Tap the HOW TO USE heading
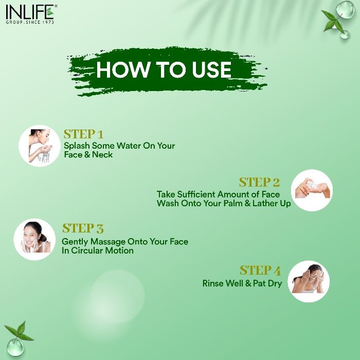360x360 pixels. pos(164,70)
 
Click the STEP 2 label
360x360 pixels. pos(259,182)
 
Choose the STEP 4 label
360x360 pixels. pos(260,271)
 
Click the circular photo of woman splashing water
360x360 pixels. pos(40,146)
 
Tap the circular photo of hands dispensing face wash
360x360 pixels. pos(312,190)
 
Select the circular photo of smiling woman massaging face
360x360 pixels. pos(34,240)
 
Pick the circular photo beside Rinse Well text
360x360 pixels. pos(309,281)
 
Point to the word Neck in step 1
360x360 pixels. pos(102,155)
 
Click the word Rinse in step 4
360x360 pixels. pos(213,283)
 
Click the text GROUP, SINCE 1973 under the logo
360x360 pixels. pos(30,22)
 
